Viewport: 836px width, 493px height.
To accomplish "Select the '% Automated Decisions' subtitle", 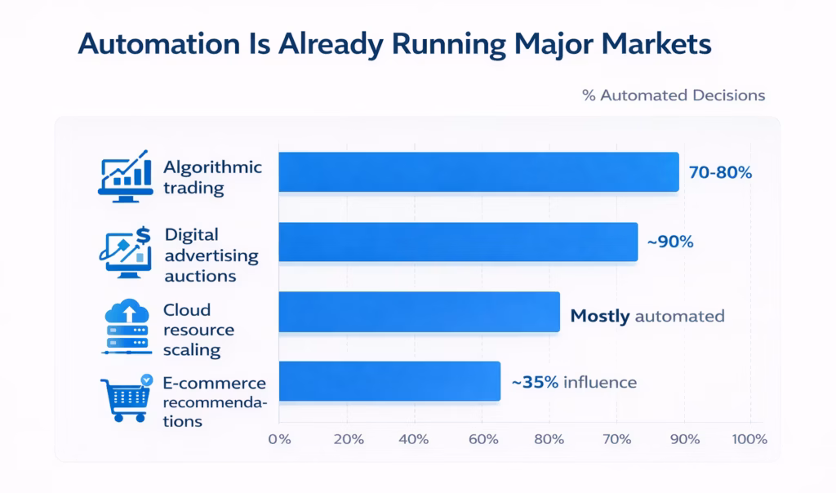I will pos(674,95).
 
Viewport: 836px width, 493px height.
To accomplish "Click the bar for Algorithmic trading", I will pos(478,172).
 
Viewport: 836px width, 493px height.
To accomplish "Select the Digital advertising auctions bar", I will pos(458,242).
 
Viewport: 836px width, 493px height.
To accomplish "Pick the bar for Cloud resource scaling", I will pos(419,312).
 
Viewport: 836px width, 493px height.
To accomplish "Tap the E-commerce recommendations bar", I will pos(389,381).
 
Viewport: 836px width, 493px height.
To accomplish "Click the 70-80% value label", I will pos(720,173).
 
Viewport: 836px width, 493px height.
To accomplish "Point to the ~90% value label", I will pos(670,242).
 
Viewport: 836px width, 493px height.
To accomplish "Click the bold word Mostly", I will pos(599,316).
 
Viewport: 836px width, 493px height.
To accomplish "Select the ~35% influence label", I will pos(573,381).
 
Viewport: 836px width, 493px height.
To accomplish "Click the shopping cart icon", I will pos(124,398).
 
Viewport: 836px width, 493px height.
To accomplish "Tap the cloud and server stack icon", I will pos(125,326).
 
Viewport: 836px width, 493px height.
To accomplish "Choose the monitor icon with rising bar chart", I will pos(124,175).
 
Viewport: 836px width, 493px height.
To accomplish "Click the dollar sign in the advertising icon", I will pos(144,235).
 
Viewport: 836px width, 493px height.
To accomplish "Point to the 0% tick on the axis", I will pos(279,439).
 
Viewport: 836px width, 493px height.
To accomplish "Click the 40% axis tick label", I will pos(415,439).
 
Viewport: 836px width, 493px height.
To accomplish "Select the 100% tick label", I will pos(749,439).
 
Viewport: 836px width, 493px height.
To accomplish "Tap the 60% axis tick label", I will pos(482,439).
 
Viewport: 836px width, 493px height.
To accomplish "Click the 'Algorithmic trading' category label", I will pos(212,176).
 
